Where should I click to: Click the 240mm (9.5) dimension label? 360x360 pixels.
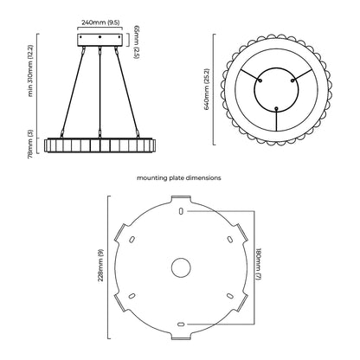coord(100,22)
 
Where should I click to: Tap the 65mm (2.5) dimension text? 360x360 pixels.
coord(137,42)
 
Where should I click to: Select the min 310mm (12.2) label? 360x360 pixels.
coord(31,70)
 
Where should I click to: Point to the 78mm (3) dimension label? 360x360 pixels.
coord(31,144)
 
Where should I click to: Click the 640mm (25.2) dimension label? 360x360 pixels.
coord(207,89)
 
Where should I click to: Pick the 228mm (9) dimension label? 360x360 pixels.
coord(100,265)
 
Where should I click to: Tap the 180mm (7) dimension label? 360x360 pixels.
coord(258,264)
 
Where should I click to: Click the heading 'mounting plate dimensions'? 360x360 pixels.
coord(179,178)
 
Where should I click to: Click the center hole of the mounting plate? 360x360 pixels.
coord(181,267)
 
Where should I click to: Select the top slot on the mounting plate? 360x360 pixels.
coord(181,211)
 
